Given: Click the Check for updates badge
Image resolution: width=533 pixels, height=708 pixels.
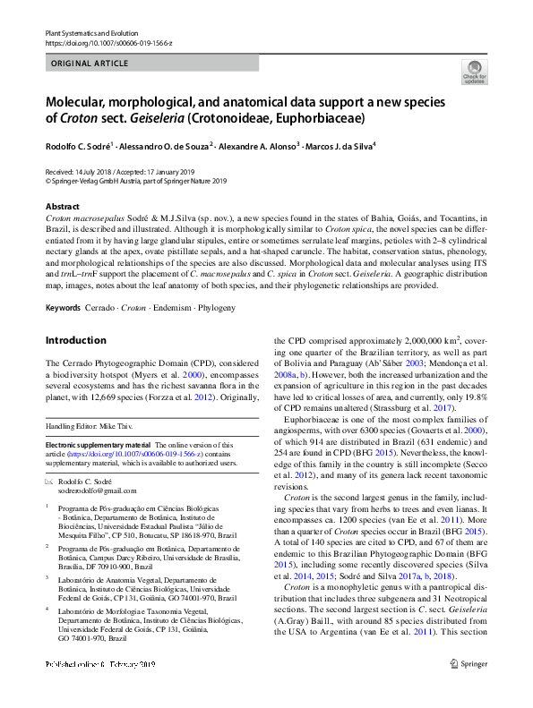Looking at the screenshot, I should [x=474, y=73].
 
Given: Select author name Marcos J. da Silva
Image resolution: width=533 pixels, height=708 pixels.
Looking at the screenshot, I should [x=338, y=146].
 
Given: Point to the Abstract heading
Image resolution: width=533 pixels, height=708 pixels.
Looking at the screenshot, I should [x=62, y=206].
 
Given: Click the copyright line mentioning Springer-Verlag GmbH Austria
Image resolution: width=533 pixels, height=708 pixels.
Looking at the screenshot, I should [x=136, y=180].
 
